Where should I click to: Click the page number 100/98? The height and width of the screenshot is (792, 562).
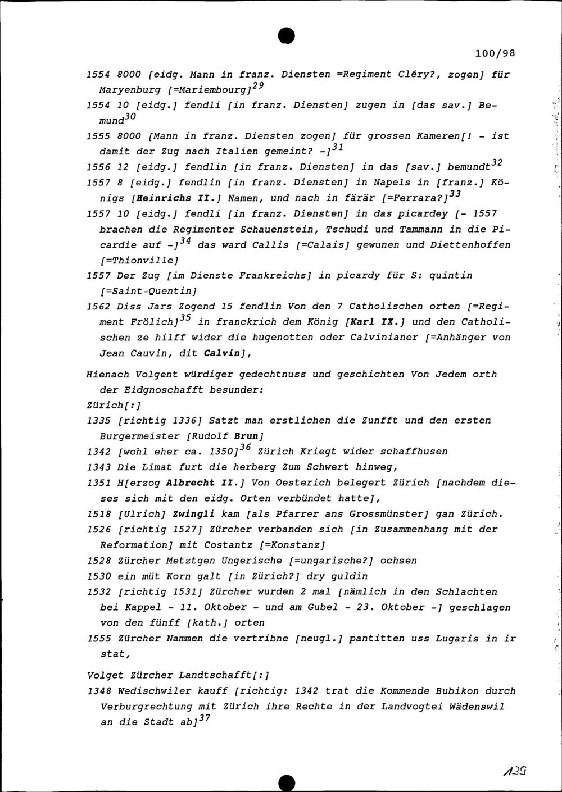(495, 54)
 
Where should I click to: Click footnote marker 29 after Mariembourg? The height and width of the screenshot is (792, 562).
(258, 86)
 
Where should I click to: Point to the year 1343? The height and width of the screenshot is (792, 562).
(99, 467)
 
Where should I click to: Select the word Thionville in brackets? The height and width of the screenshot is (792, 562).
(139, 260)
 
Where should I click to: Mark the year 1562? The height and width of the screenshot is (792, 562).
(99, 307)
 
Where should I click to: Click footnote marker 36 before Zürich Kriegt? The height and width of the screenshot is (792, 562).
(244, 448)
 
